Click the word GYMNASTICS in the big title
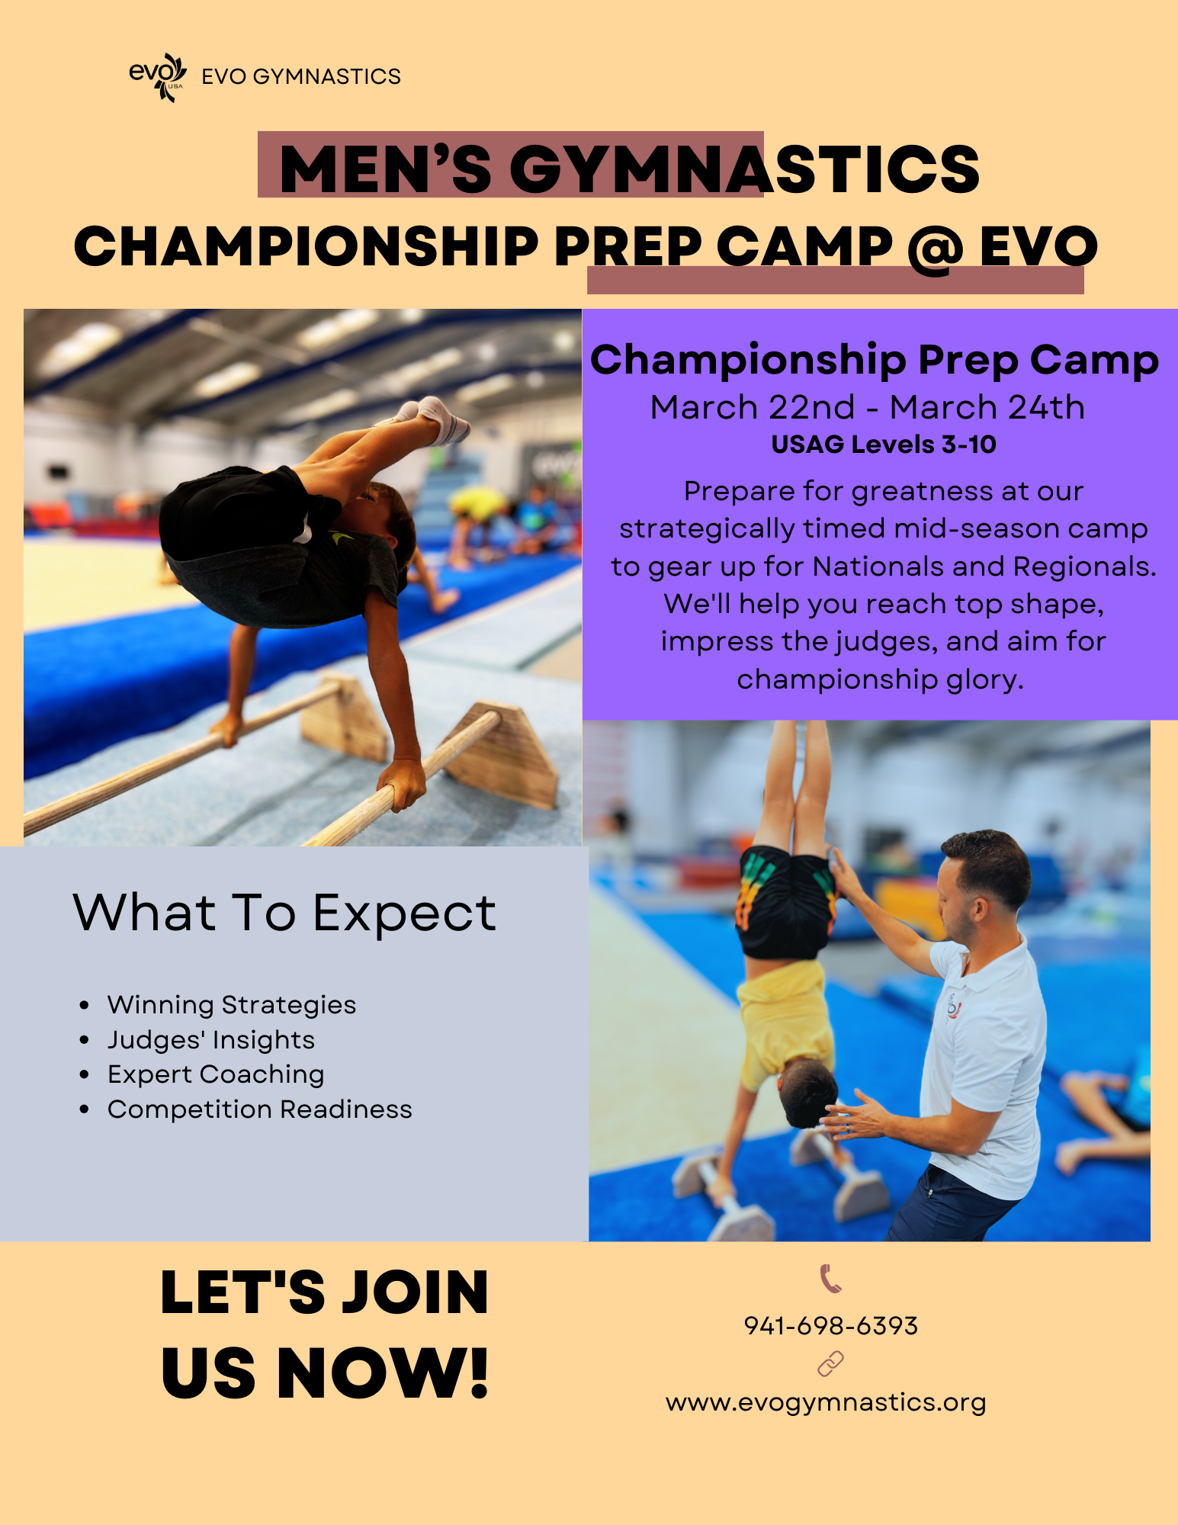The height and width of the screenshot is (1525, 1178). [x=744, y=169]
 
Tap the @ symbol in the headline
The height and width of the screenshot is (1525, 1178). [x=935, y=248]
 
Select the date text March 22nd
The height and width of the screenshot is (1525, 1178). [x=752, y=407]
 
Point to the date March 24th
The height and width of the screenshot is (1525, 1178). [x=987, y=407]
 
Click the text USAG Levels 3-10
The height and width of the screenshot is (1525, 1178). [x=883, y=445]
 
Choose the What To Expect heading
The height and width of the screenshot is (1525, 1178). [x=284, y=913]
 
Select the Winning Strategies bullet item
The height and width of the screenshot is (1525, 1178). [x=231, y=1005]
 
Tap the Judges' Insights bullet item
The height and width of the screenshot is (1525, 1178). [x=210, y=1040]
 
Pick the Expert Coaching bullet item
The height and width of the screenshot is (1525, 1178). [x=216, y=1074]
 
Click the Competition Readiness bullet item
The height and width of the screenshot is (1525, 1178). [x=259, y=1109]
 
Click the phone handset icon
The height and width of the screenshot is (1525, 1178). [x=830, y=1279]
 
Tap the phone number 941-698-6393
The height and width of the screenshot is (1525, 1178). [x=830, y=1326]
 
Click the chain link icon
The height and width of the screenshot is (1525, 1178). [x=830, y=1363]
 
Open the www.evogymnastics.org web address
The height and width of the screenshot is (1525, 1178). [x=826, y=1402]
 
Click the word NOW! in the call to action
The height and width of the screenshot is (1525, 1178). [x=382, y=1372]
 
